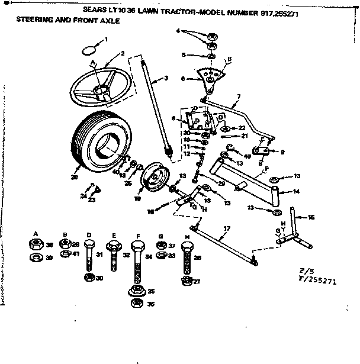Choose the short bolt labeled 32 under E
point(113,252)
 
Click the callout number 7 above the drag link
point(238,96)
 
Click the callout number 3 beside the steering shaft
point(166,78)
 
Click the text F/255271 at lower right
point(315,282)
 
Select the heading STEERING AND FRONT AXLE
point(68,21)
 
